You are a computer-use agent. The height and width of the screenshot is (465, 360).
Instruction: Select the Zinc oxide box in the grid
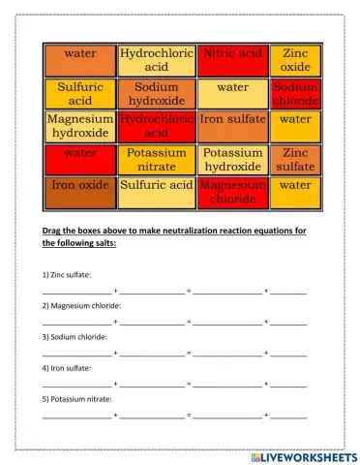pyautogui.click(x=295, y=60)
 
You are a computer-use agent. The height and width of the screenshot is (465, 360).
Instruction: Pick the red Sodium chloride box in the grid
pyautogui.click(x=295, y=93)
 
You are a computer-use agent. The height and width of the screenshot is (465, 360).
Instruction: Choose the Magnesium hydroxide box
pyautogui.click(x=80, y=126)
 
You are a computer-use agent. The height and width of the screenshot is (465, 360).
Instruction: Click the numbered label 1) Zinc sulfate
pyautogui.click(x=67, y=275)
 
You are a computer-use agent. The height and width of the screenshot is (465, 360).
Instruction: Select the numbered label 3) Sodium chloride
pyautogui.click(x=74, y=336)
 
